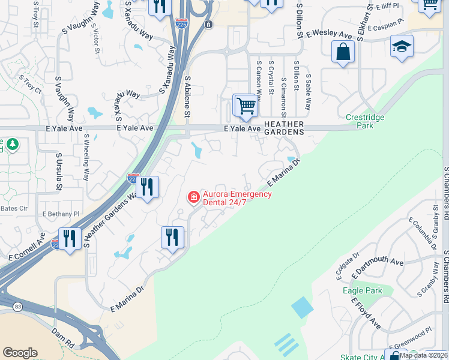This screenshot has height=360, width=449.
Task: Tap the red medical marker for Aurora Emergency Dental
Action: pyautogui.click(x=193, y=197)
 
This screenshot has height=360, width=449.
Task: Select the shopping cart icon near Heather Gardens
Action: pyautogui.click(x=246, y=106)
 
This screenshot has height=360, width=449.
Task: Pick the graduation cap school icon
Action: pyautogui.click(x=402, y=47)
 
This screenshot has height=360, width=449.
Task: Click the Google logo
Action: pyautogui.click(x=20, y=353)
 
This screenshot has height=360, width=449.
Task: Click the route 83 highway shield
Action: pyautogui.click(x=18, y=307)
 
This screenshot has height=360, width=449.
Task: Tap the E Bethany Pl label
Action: pyautogui.click(x=61, y=214)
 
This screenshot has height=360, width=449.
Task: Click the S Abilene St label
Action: pyautogui.click(x=187, y=96)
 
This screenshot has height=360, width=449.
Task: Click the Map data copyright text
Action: pyautogui.click(x=420, y=355)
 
